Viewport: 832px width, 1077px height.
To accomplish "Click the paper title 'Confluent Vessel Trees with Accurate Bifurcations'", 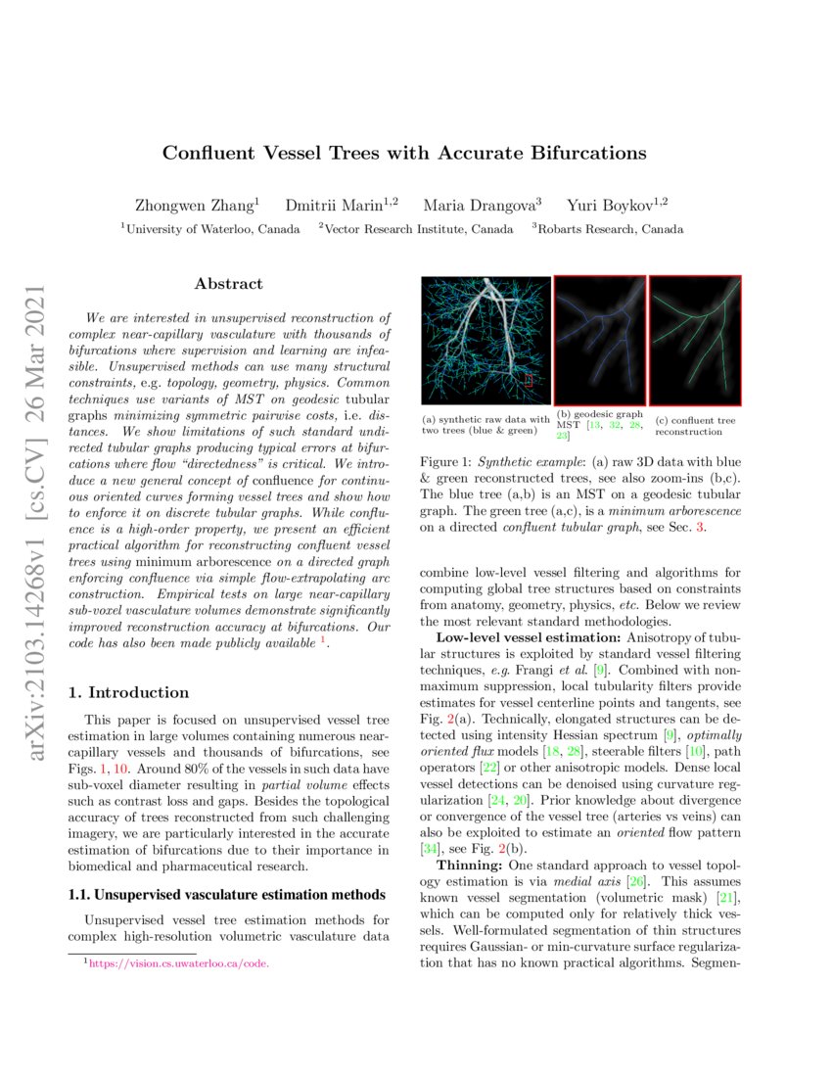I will coord(404,153).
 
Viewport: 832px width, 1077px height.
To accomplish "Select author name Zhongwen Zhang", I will coord(196,206).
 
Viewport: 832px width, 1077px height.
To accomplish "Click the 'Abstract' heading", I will coord(228,284).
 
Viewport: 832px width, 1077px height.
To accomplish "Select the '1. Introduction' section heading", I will coord(127,693).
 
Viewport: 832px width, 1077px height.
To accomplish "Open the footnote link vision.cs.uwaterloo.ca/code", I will coord(178,963).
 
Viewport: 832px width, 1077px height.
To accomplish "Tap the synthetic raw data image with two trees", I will coord(485,340).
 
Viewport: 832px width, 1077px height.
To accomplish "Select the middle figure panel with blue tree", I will coord(600,340).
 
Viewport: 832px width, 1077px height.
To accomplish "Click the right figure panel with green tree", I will coord(695,340).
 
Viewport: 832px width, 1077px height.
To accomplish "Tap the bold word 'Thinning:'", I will coord(468,866).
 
